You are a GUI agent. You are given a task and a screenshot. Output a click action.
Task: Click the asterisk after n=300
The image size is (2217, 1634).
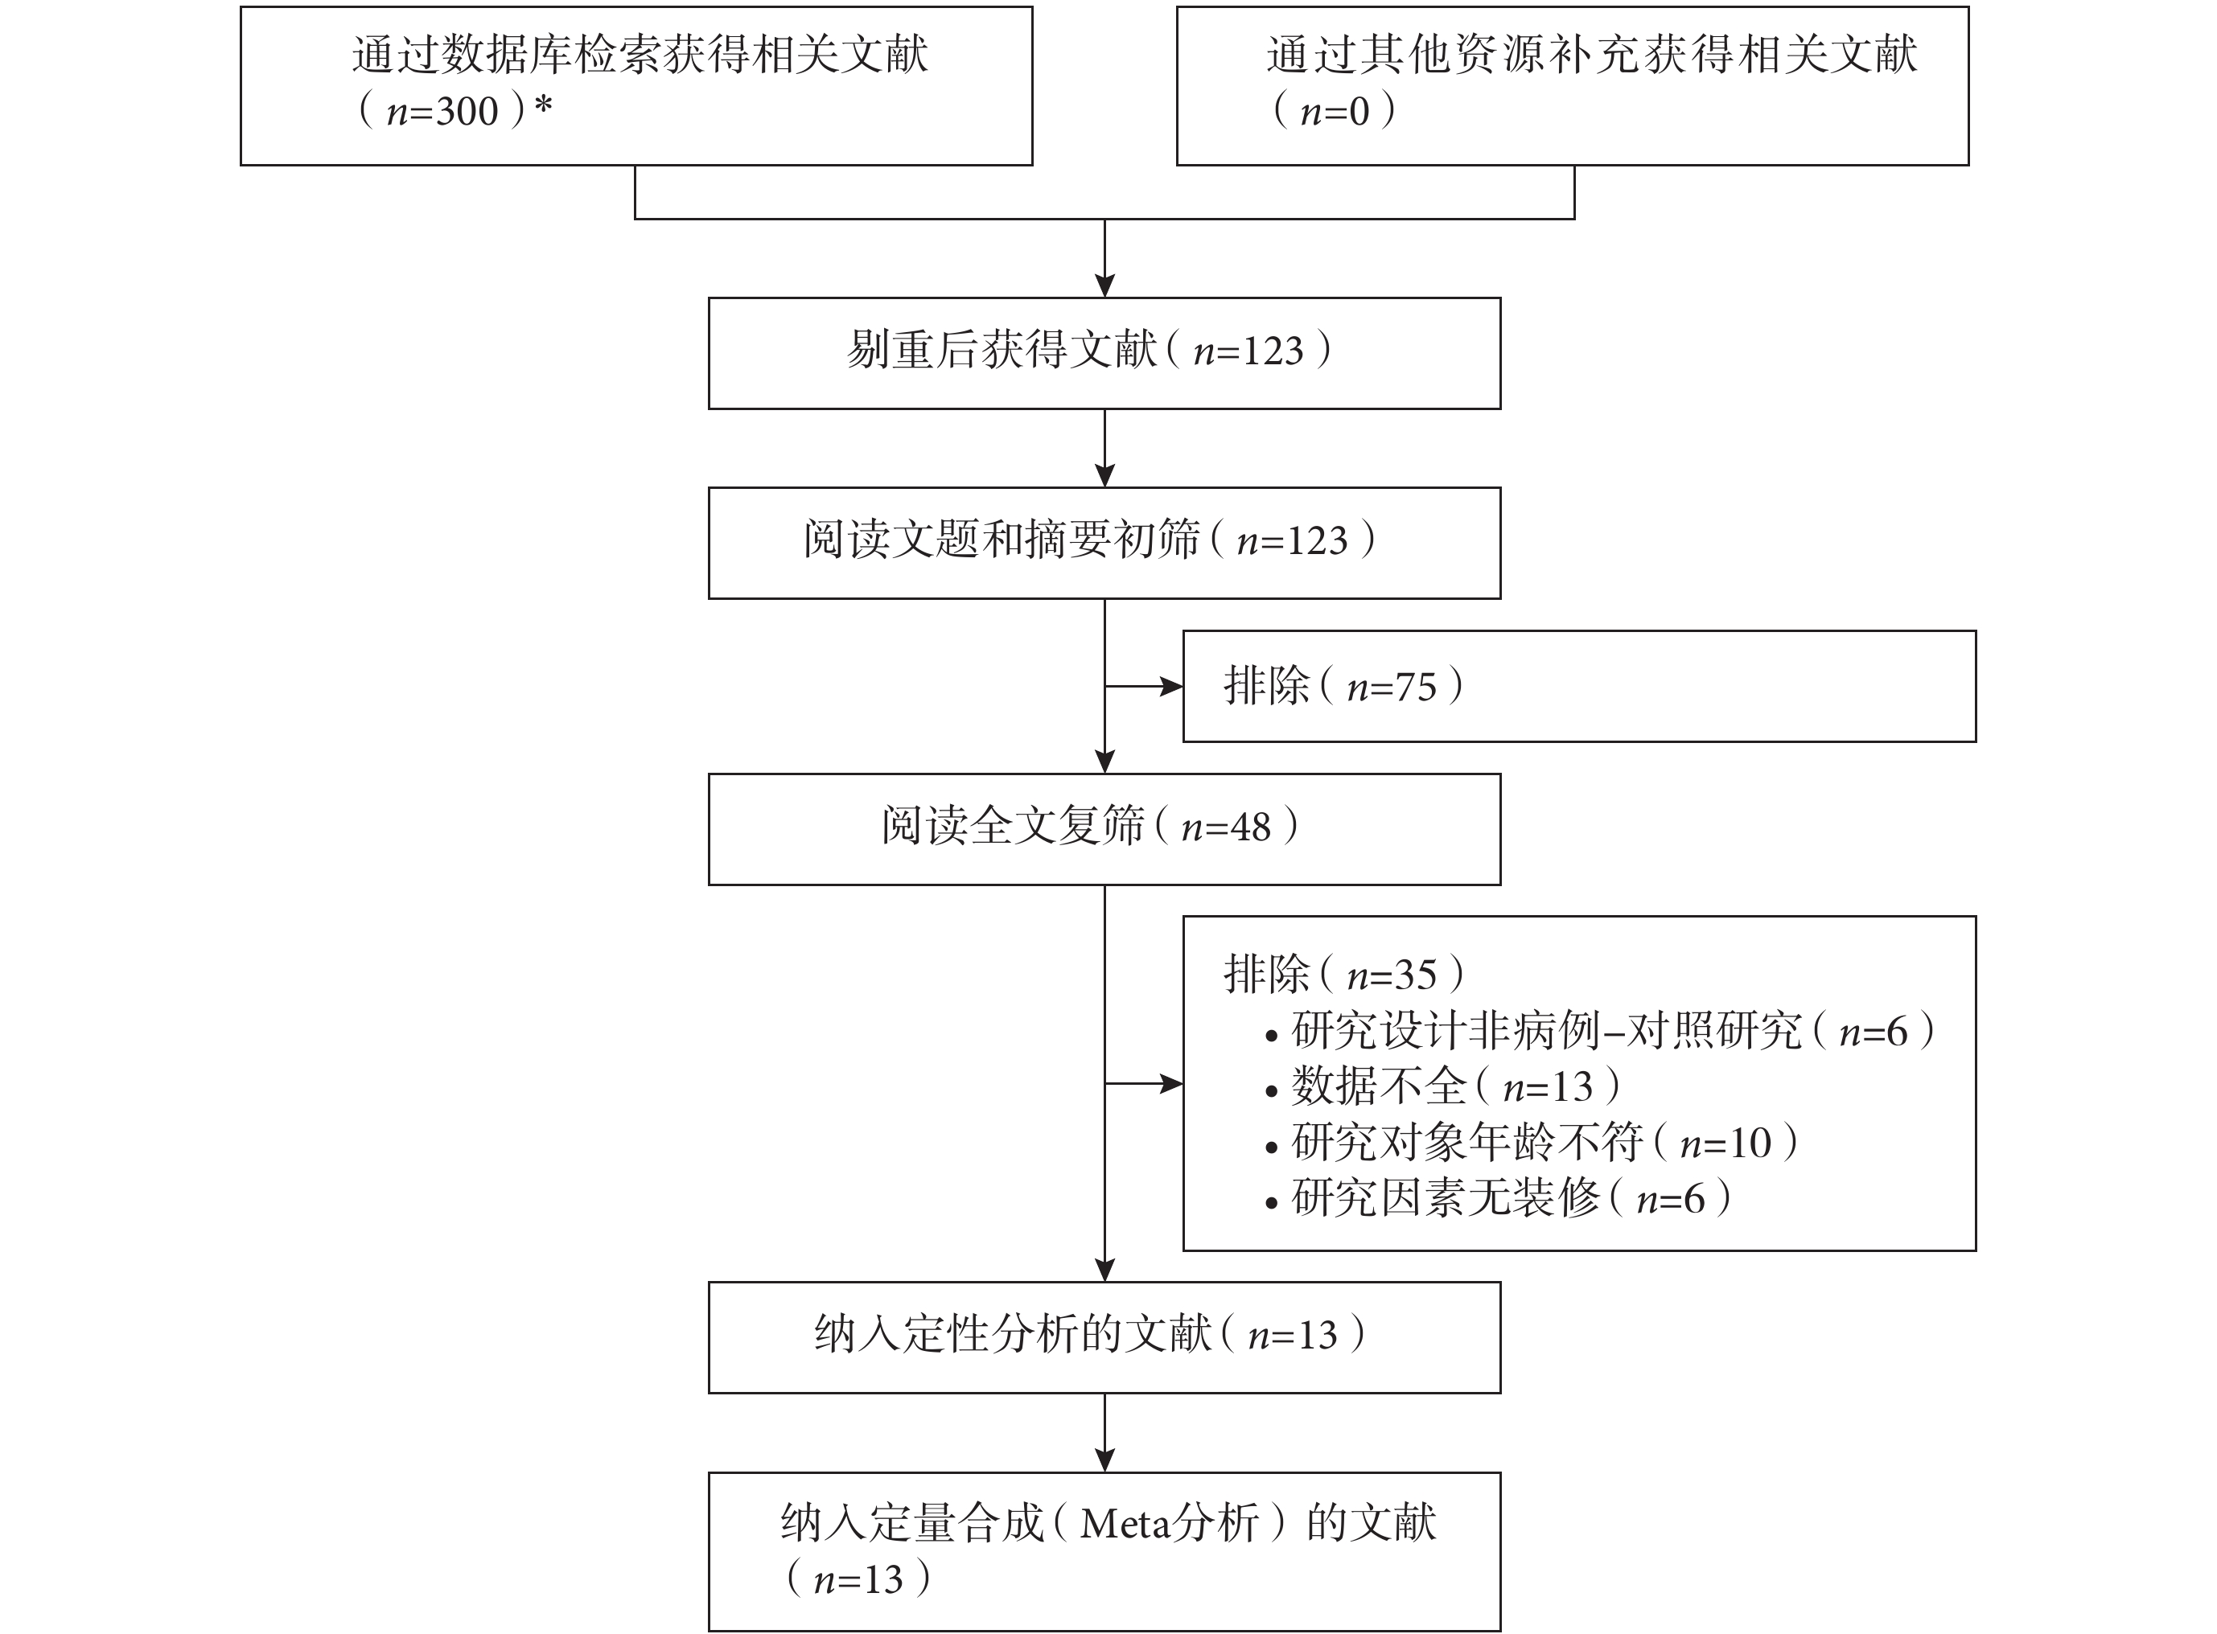[543, 105]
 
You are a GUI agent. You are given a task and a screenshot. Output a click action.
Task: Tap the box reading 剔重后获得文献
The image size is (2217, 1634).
[1104, 353]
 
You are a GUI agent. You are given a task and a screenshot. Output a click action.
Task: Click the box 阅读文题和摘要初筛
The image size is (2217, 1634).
[1104, 543]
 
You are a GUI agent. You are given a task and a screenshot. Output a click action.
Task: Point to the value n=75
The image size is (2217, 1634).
[1392, 687]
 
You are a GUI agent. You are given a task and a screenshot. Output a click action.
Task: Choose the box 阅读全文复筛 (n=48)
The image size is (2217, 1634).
[1104, 829]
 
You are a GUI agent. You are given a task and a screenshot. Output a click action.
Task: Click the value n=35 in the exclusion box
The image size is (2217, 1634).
[1392, 975]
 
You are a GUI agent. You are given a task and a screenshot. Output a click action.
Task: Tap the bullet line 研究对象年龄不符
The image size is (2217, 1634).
[1532, 1143]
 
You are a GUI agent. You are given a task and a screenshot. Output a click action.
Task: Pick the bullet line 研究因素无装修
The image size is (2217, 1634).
[1498, 1199]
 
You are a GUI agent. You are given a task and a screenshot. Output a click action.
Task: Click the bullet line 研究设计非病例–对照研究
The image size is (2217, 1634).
[1600, 1032]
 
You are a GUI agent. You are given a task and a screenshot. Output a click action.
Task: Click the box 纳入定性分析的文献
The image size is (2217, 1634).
[1104, 1337]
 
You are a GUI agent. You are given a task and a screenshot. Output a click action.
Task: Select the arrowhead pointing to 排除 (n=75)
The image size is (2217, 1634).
[1172, 687]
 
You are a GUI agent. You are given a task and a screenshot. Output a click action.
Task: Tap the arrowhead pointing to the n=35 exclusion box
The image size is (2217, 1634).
[1172, 1084]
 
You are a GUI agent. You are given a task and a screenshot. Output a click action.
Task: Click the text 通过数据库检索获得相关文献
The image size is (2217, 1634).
[640, 55]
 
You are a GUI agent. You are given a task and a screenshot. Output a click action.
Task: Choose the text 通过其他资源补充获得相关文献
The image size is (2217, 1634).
[1592, 55]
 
